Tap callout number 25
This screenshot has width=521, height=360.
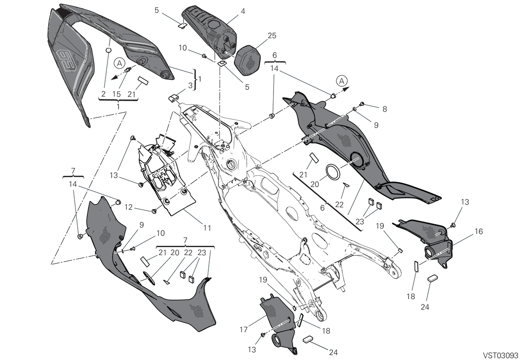point(272,36)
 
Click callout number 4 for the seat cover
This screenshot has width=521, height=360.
point(243,11)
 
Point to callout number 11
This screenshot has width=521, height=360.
point(207,228)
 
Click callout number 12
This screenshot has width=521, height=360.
point(129,207)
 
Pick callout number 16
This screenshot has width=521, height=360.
point(479,231)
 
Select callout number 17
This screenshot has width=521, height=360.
point(244,330)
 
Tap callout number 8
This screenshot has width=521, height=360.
point(385,109)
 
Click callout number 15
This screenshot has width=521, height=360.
point(116,94)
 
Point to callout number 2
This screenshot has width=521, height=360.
point(103,94)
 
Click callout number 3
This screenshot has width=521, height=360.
point(190,86)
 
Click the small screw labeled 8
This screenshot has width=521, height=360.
point(362,104)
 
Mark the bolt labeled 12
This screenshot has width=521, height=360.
point(154,211)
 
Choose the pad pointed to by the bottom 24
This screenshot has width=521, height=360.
point(308,340)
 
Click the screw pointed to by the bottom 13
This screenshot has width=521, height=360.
point(263,335)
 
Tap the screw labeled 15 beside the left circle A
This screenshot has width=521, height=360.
point(128,69)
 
